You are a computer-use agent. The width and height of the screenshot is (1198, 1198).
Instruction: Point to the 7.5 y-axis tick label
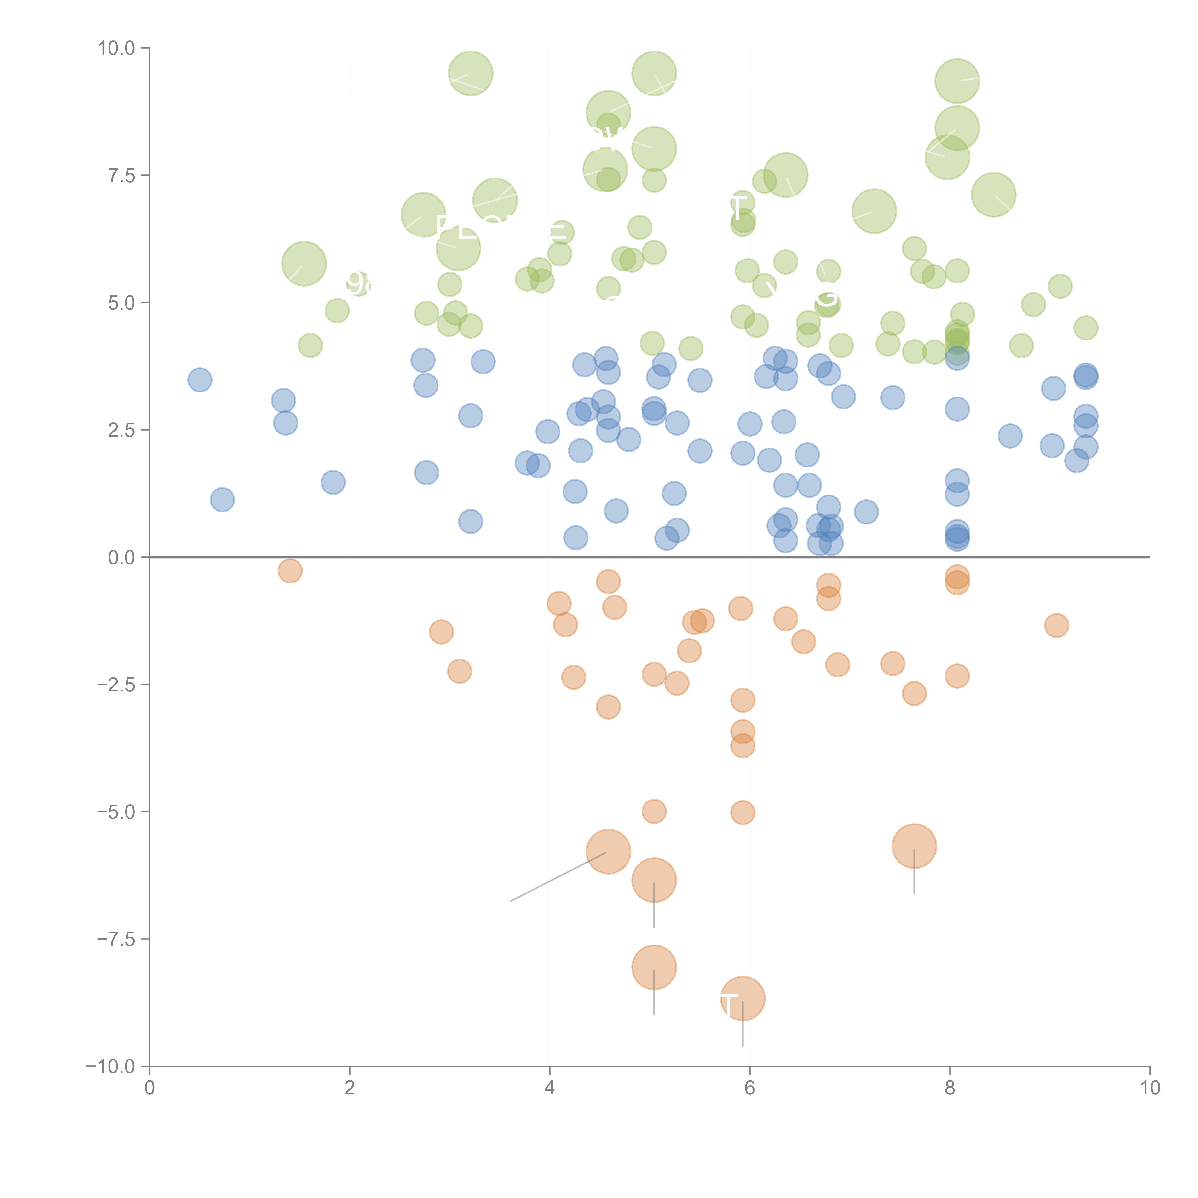click(121, 175)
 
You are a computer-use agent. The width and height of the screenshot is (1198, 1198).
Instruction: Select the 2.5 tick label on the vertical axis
click(121, 430)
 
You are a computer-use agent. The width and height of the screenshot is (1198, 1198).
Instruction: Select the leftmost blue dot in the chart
click(200, 380)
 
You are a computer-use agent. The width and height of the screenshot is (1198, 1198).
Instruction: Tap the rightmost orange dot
click(1056, 625)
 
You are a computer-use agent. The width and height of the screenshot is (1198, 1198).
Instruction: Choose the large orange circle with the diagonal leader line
click(608, 851)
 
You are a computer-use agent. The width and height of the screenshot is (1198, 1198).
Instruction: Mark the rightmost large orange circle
click(914, 846)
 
